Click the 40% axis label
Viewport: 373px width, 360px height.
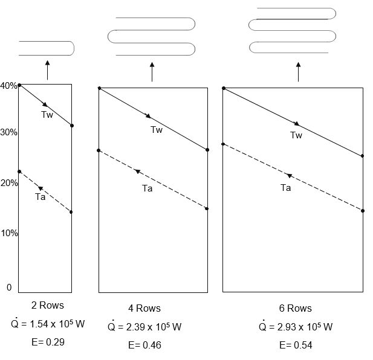coord(8,86)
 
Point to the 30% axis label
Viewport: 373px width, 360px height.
coord(8,132)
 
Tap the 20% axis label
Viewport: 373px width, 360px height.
coord(9,183)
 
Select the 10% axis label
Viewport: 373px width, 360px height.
coord(9,233)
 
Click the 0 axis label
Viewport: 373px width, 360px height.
coord(9,288)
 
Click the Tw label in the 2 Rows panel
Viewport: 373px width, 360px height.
coord(47,115)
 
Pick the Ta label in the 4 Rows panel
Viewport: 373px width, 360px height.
coord(148,188)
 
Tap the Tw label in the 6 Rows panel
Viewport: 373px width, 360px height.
coord(296,135)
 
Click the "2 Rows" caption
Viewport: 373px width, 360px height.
coord(48,306)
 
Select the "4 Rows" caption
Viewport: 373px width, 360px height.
coord(144,308)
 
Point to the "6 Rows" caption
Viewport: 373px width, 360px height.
coord(295,308)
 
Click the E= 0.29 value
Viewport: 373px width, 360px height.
coord(48,342)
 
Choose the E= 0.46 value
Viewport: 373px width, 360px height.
coord(144,345)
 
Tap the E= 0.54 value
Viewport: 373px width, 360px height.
coord(296,345)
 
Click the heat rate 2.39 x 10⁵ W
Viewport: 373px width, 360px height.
coord(144,326)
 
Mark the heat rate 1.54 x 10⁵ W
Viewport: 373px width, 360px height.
coord(48,323)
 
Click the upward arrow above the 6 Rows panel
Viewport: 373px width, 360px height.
coord(298,72)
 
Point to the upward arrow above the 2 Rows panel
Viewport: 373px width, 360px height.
coord(47,70)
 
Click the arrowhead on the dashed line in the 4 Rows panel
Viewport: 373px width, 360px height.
coord(137,172)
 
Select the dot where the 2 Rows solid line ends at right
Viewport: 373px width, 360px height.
coord(72,126)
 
